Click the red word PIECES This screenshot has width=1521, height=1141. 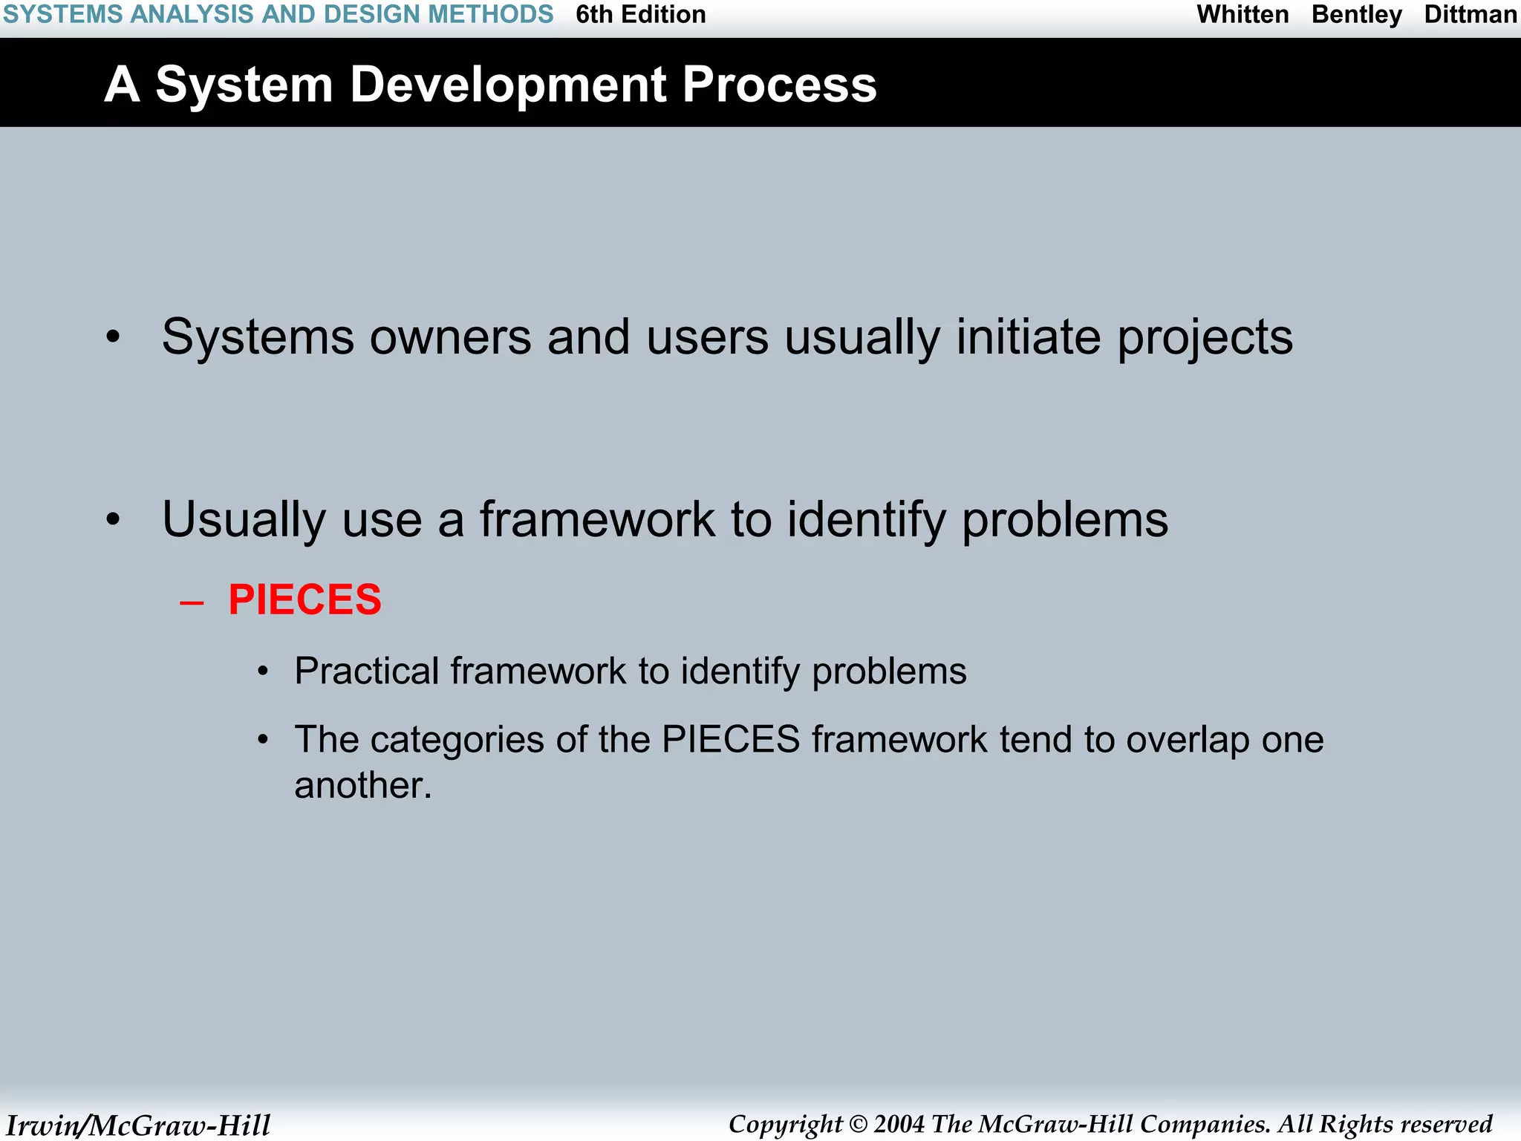click(x=304, y=600)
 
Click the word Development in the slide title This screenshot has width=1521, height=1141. click(x=507, y=85)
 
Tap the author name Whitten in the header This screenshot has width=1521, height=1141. click(x=1242, y=15)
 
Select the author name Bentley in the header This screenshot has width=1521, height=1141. click(x=1356, y=15)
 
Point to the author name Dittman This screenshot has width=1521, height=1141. click(x=1470, y=15)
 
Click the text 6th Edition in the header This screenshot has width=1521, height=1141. click(x=640, y=15)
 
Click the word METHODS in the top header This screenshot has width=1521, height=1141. click(x=490, y=15)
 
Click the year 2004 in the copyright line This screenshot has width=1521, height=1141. click(x=899, y=1124)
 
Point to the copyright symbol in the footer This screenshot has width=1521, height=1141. click(x=858, y=1124)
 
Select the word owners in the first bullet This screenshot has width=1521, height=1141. click(x=450, y=337)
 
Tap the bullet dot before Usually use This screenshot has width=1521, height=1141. click(x=113, y=520)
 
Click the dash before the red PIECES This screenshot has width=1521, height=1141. click(x=192, y=602)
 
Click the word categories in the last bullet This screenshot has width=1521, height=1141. click(x=457, y=740)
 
